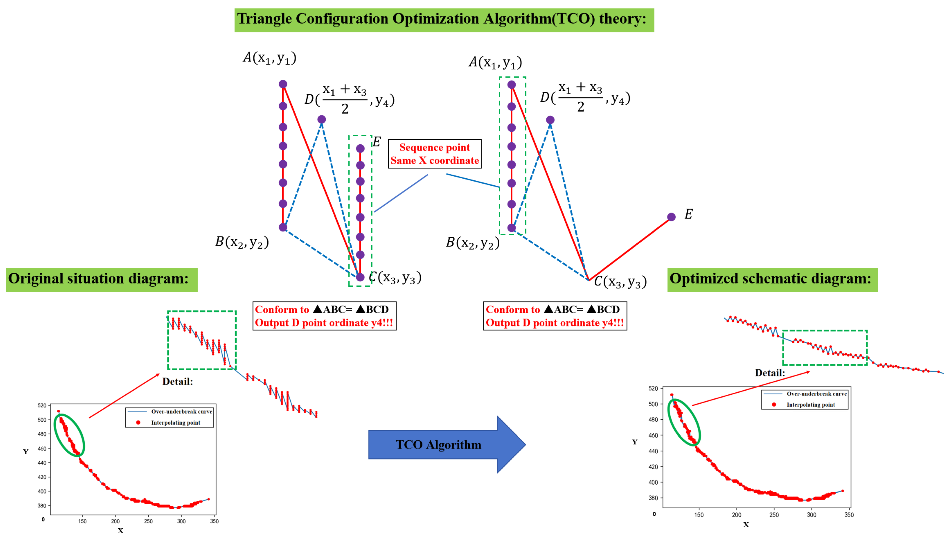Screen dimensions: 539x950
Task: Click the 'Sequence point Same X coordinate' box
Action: (434, 154)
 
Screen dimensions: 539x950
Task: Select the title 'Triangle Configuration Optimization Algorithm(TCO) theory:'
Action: (444, 20)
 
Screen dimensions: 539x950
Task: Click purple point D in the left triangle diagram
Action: (322, 119)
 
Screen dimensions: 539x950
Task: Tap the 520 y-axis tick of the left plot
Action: (42, 406)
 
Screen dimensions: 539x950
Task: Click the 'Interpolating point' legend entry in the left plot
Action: (175, 423)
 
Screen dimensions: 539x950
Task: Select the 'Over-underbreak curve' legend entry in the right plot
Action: (816, 394)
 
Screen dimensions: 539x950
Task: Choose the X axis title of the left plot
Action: (120, 531)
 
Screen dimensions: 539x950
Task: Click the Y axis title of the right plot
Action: (634, 442)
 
